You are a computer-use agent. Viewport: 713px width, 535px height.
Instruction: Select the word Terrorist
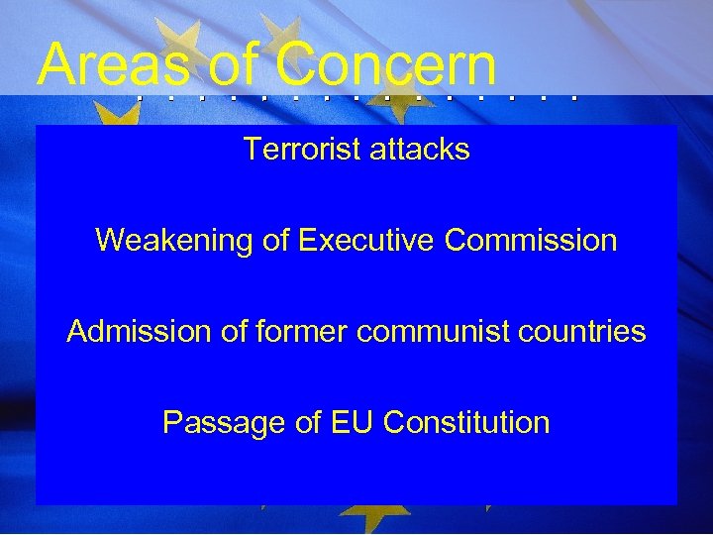point(301,150)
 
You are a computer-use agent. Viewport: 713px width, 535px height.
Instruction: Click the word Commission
point(532,241)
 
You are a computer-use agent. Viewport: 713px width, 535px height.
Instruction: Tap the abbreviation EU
point(352,423)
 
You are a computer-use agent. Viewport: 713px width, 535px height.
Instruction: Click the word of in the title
point(233,65)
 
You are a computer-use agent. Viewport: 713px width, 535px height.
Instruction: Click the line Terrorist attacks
point(356,150)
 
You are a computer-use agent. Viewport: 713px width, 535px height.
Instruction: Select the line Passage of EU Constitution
point(356,423)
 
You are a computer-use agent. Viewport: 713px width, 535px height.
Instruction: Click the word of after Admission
point(233,332)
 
